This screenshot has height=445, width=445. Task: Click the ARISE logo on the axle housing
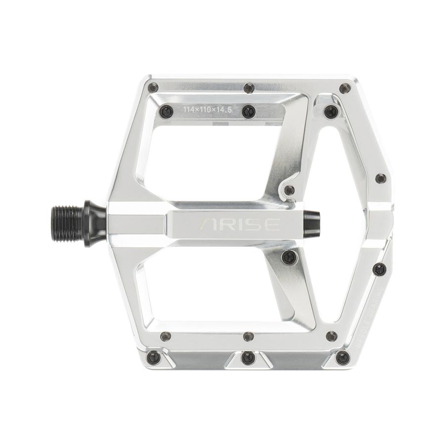239,224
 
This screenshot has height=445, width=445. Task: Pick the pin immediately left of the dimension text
165,112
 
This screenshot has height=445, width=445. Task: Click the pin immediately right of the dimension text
248,112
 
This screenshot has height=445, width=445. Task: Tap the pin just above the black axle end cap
290,190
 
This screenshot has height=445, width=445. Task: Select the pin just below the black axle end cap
289,256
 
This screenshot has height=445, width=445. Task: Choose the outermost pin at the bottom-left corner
154,356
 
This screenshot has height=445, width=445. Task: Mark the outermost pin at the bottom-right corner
342,357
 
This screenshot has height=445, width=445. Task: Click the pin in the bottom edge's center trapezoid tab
248,357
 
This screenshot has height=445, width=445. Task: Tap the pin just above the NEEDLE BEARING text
379,269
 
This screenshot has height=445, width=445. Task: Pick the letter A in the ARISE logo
207,224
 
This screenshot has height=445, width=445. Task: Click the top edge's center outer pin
249,88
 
